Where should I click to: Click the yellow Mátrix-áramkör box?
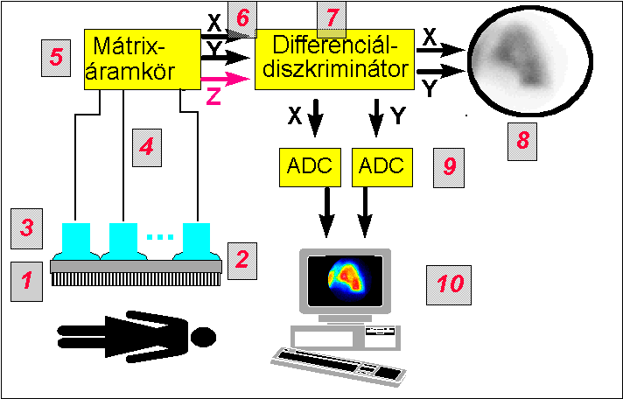click(142, 59)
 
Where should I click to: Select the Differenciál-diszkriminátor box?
click(334, 59)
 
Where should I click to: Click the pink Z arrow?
click(225, 79)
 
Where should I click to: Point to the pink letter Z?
click(213, 97)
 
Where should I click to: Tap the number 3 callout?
click(27, 229)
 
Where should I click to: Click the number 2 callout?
click(242, 258)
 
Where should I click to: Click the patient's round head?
click(203, 335)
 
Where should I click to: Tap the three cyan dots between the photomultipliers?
click(157, 237)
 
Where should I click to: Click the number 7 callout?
click(332, 17)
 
